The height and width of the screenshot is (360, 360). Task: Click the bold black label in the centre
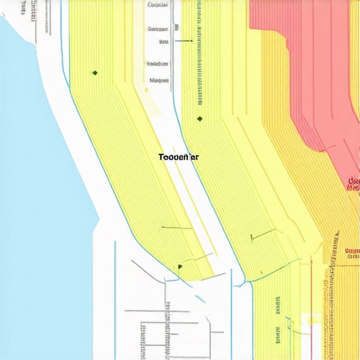pos(178,157)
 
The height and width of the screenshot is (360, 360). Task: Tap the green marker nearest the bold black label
pos(200,119)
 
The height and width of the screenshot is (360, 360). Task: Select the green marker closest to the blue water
pos(94,72)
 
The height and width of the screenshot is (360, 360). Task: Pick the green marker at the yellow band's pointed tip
pos(180,266)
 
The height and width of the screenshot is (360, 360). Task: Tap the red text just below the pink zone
pos(354,184)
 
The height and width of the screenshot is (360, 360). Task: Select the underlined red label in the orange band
pos(352,251)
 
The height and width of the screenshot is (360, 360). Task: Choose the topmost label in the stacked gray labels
pos(159,4)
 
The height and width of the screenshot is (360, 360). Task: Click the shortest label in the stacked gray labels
pos(163,41)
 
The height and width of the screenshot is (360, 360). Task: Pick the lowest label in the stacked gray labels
pos(160,80)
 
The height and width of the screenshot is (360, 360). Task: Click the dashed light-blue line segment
pos(200,298)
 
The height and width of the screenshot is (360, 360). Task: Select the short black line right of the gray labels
pos(182,41)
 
